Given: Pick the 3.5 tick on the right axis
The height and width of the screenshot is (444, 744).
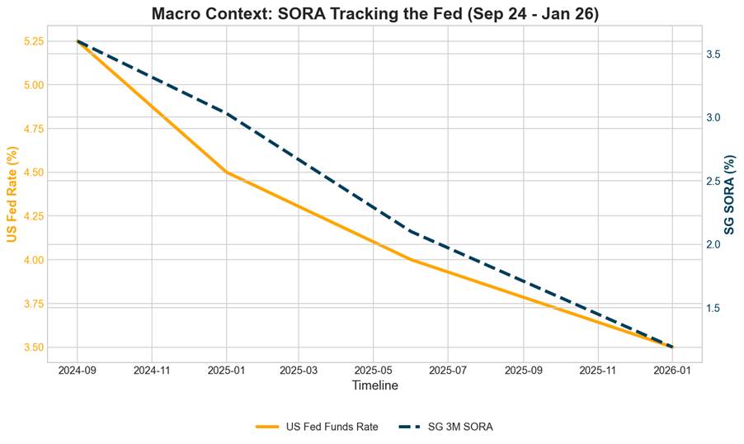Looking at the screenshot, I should [714, 54].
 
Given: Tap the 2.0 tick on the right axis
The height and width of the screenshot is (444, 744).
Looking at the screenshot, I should [714, 245].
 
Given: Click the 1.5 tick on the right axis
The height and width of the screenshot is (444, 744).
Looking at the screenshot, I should [714, 309].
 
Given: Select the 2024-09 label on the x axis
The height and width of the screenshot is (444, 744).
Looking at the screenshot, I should [78, 372].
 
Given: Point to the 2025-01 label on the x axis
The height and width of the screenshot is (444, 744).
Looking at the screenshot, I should [227, 372].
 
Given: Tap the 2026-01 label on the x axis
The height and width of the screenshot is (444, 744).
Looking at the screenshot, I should [673, 372].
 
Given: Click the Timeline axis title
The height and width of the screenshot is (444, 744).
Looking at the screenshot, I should [374, 386].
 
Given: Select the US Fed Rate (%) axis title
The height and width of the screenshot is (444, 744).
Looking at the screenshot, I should [12, 195].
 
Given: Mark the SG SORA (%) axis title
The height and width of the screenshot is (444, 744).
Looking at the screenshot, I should [731, 195].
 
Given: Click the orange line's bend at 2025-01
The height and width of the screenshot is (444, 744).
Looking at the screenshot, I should [227, 172].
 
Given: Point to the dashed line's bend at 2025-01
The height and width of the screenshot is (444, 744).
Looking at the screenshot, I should [227, 113].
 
